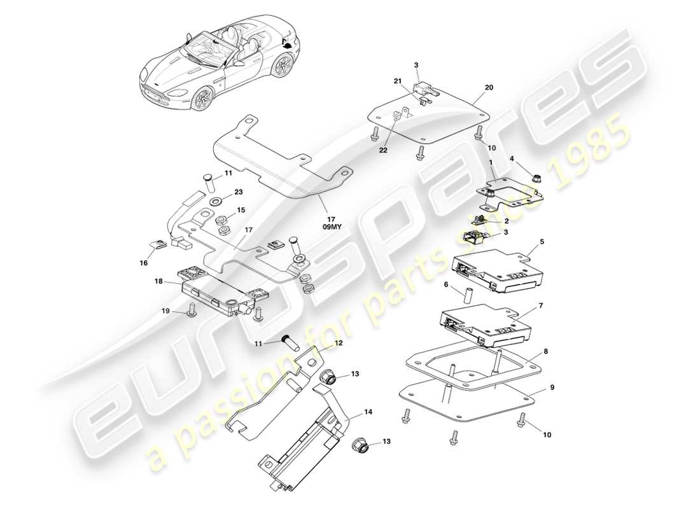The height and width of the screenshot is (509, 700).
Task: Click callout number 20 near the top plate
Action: point(489,87)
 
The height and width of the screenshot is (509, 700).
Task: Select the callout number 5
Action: point(542,242)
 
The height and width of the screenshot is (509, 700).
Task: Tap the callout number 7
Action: point(542,305)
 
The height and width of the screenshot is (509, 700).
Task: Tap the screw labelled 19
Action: point(190,310)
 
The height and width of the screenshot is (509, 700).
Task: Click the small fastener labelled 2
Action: point(483,220)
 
